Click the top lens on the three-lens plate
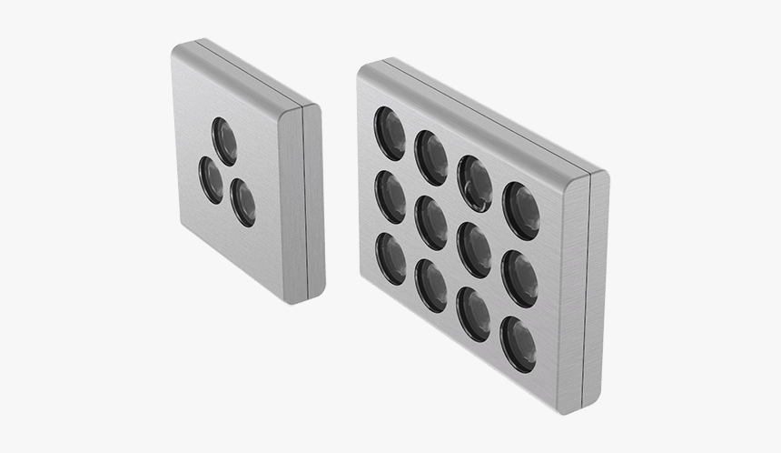(223, 141)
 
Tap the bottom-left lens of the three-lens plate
(212, 180)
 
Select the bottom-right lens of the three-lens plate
(242, 202)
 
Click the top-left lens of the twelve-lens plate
(390, 133)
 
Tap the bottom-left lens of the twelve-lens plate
(390, 259)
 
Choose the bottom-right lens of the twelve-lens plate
(518, 344)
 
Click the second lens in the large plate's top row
(430, 157)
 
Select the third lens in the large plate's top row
(474, 183)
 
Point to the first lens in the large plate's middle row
(390, 196)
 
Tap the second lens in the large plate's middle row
(430, 223)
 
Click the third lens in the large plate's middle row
(473, 249)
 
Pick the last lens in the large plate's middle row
(519, 277)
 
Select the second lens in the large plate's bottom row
(430, 286)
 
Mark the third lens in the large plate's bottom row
(473, 314)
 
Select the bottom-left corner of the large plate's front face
(364, 283)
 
